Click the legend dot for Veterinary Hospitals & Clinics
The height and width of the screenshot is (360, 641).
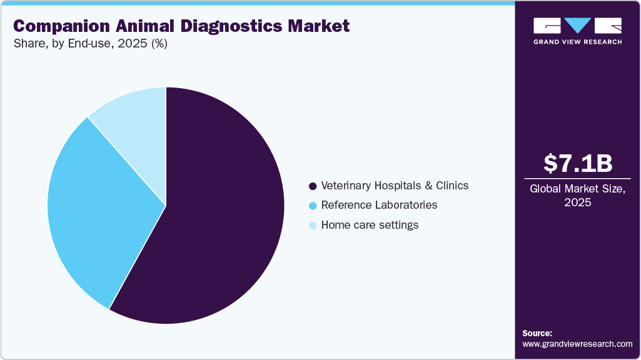pyautogui.click(x=313, y=186)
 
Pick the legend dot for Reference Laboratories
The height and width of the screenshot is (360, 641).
pyautogui.click(x=313, y=205)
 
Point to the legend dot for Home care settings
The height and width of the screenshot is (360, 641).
pyautogui.click(x=313, y=225)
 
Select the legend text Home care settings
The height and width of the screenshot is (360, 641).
pyautogui.click(x=370, y=225)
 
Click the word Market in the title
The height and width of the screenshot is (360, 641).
pyautogui.click(x=318, y=26)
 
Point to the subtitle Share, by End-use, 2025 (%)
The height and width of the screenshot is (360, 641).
pyautogui.click(x=90, y=44)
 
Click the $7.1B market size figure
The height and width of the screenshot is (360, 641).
pyautogui.click(x=577, y=163)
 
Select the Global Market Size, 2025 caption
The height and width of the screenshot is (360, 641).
pyautogui.click(x=577, y=196)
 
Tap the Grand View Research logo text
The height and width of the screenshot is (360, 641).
pyautogui.click(x=577, y=42)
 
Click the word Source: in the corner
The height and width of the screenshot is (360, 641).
pyautogui.click(x=537, y=333)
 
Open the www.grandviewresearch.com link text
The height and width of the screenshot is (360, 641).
pyautogui.click(x=577, y=344)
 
